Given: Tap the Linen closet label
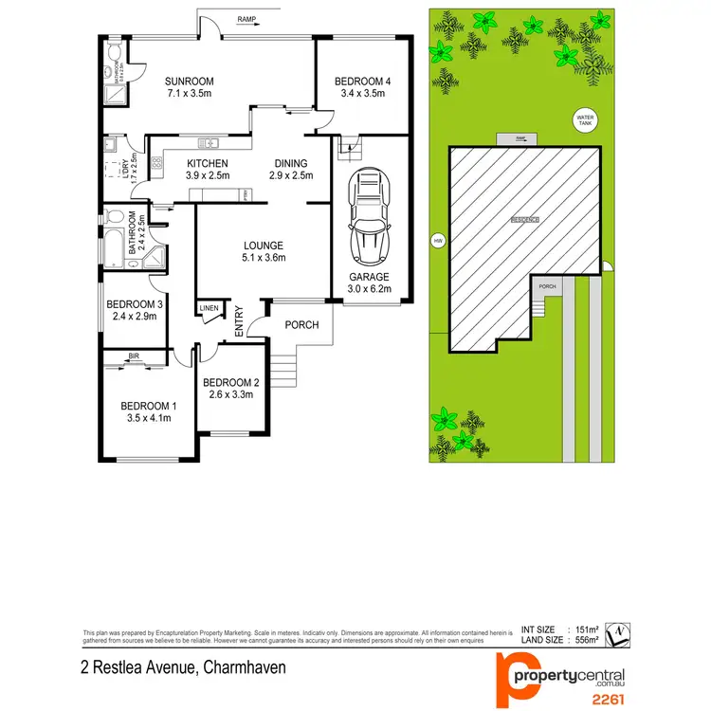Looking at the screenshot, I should [209, 308].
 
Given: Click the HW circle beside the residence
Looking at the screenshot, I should [438, 241].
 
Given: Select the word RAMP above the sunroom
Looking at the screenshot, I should [246, 19].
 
